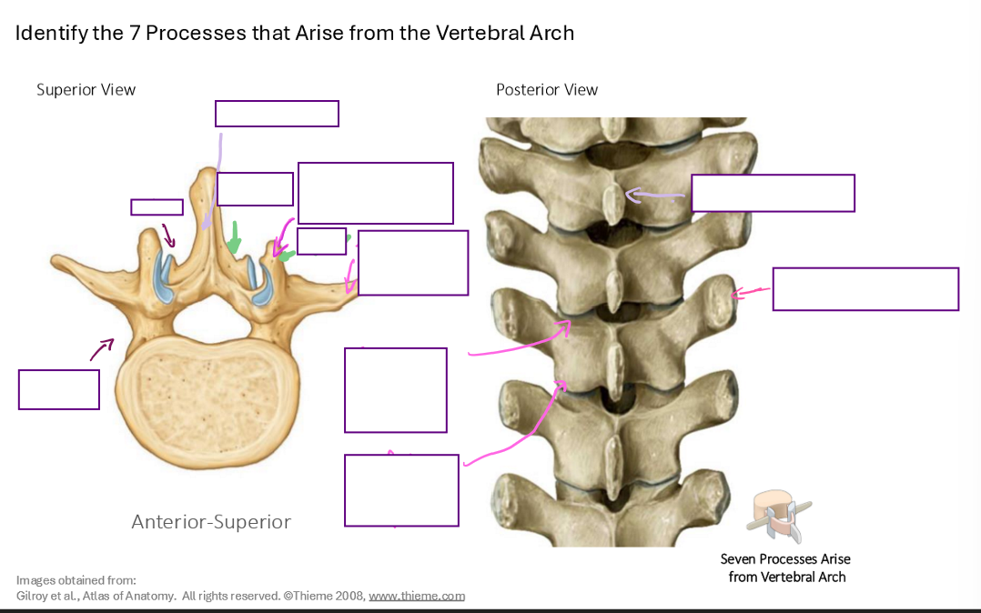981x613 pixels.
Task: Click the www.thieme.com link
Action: [x=417, y=597]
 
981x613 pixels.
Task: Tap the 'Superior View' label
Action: [x=86, y=90]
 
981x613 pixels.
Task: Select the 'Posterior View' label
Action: [x=547, y=90]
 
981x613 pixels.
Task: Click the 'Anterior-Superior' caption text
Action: [x=211, y=522]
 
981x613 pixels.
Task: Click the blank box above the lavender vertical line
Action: [x=277, y=114]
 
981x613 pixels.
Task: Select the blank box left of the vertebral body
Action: [x=59, y=389]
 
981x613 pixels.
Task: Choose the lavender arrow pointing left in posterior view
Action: [x=654, y=194]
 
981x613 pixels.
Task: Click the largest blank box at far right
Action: [x=865, y=289]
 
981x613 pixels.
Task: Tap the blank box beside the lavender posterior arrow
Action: [x=773, y=193]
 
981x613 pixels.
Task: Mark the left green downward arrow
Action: [x=235, y=237]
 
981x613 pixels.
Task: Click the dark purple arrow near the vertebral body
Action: [x=102, y=348]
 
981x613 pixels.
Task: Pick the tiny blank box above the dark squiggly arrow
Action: [x=157, y=207]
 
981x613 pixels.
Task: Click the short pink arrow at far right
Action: [x=751, y=292]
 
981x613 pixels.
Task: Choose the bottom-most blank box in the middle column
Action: [x=401, y=490]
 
